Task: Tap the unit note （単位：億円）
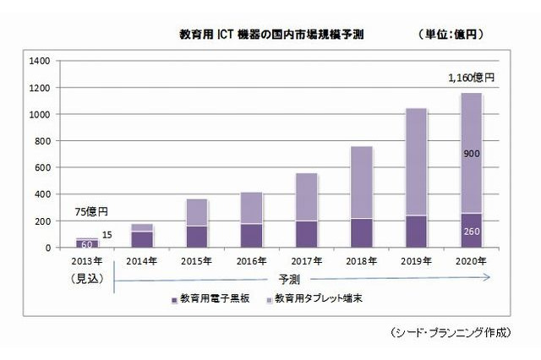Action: coord(457,35)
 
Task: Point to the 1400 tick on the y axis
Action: coord(39,61)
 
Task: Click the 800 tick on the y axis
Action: coord(41,141)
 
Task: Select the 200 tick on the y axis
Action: coord(41,221)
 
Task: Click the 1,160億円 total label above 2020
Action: coord(471,78)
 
